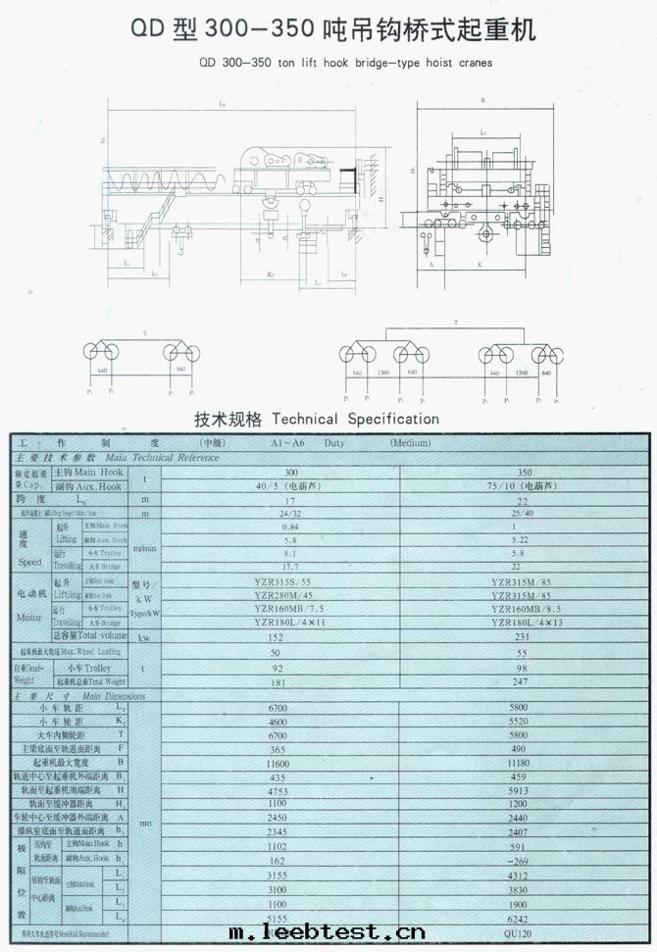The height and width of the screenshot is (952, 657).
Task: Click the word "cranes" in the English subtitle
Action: click(x=470, y=61)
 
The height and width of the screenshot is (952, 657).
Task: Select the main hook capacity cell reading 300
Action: click(x=290, y=472)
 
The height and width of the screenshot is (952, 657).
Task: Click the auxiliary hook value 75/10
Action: click(x=508, y=484)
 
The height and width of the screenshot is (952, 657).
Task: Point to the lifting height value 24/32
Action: click(x=290, y=513)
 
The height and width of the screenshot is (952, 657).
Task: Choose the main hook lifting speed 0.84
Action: click(x=290, y=526)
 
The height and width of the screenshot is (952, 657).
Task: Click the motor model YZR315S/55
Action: click(x=290, y=582)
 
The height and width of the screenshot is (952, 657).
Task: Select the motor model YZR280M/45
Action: click(x=290, y=596)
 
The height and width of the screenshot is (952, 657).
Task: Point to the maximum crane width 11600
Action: click(x=290, y=761)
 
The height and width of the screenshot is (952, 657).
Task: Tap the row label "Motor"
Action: click(x=30, y=618)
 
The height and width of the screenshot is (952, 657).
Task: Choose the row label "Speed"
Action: click(x=30, y=563)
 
